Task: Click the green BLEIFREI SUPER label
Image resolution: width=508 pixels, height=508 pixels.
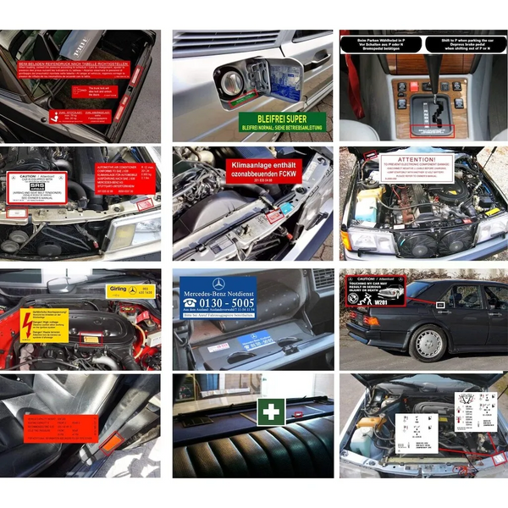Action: [x=284, y=123]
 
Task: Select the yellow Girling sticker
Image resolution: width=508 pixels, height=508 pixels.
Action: [x=131, y=290]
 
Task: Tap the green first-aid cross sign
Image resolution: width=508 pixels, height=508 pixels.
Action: [x=271, y=412]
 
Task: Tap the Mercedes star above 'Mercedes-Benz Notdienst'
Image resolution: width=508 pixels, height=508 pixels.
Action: [x=218, y=284]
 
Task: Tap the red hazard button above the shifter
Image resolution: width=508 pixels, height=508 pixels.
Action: [x=415, y=86]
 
